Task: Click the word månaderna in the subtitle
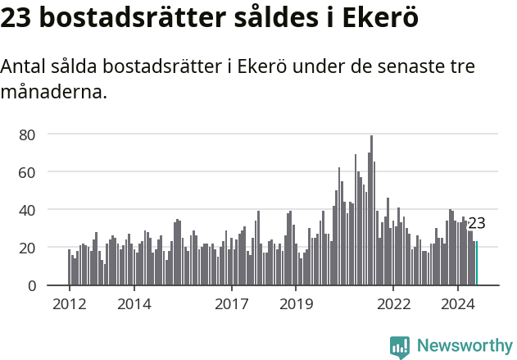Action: [53, 91]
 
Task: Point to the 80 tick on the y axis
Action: [29, 134]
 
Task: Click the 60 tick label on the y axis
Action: [29, 172]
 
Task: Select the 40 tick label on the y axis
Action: [29, 210]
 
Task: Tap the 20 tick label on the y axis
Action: [29, 248]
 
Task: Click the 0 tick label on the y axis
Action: [32, 285]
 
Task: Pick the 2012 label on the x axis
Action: [69, 304]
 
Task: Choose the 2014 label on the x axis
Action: [134, 304]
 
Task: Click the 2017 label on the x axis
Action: [231, 304]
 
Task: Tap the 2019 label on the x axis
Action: [296, 304]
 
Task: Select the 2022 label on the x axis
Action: [393, 304]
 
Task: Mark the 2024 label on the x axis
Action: [458, 304]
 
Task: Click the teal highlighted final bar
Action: [476, 264]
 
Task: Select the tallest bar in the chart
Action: [371, 213]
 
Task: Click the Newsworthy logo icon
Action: [400, 347]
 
